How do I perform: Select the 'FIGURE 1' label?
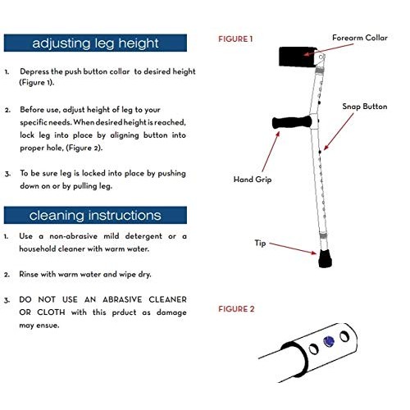tap(235, 39)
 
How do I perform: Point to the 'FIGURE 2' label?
tap(235, 309)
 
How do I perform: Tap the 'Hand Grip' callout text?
tap(251, 178)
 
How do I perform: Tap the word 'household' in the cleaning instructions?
tap(39, 248)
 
